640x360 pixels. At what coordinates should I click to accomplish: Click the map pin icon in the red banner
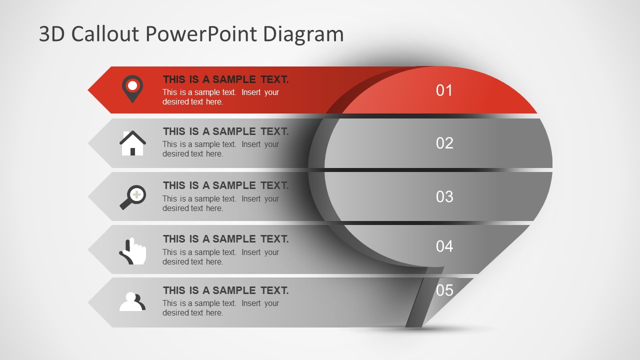coord(132,88)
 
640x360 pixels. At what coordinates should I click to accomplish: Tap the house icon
coord(132,143)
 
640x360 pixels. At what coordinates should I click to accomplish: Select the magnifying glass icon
coord(132,197)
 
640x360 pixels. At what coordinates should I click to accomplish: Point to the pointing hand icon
coord(133,251)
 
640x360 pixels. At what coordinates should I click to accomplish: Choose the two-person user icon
coord(132,301)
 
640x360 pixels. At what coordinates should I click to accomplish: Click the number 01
coord(444,90)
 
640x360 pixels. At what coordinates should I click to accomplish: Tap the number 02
coord(444,143)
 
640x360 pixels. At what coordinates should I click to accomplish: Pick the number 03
coord(444,197)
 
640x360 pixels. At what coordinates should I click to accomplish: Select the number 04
coord(444,246)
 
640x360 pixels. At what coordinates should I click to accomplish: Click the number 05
coord(444,290)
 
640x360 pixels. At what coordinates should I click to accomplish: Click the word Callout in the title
coord(106,34)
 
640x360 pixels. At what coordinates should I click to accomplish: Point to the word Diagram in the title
coord(303,34)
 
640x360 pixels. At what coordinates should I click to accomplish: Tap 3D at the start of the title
coord(52,34)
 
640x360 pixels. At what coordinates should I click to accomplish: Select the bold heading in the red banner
coord(225,79)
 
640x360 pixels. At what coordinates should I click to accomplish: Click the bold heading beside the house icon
coord(225,131)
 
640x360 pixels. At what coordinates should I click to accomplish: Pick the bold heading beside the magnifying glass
coord(225,185)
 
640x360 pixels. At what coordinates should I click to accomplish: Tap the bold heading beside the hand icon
coord(225,239)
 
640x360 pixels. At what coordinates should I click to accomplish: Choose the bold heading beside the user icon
coord(225,290)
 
